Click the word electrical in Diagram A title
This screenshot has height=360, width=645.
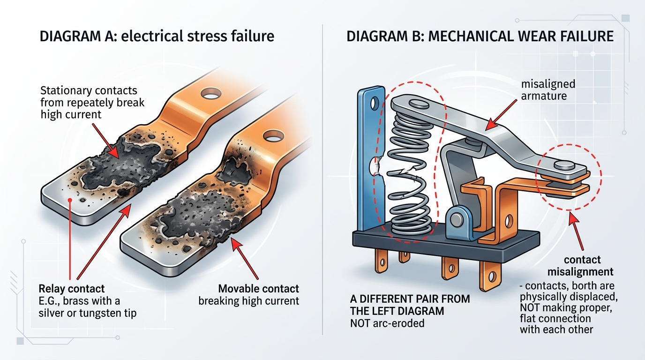(x=155, y=36)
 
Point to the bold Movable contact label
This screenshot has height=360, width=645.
(x=259, y=288)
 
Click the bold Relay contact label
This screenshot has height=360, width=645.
(x=72, y=288)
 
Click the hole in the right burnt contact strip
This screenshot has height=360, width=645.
(x=272, y=137)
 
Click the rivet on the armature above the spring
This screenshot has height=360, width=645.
(x=415, y=104)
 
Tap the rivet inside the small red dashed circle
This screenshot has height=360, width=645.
(x=563, y=165)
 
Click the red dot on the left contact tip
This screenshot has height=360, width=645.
(x=70, y=200)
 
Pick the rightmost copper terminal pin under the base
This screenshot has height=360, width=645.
(x=488, y=275)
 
